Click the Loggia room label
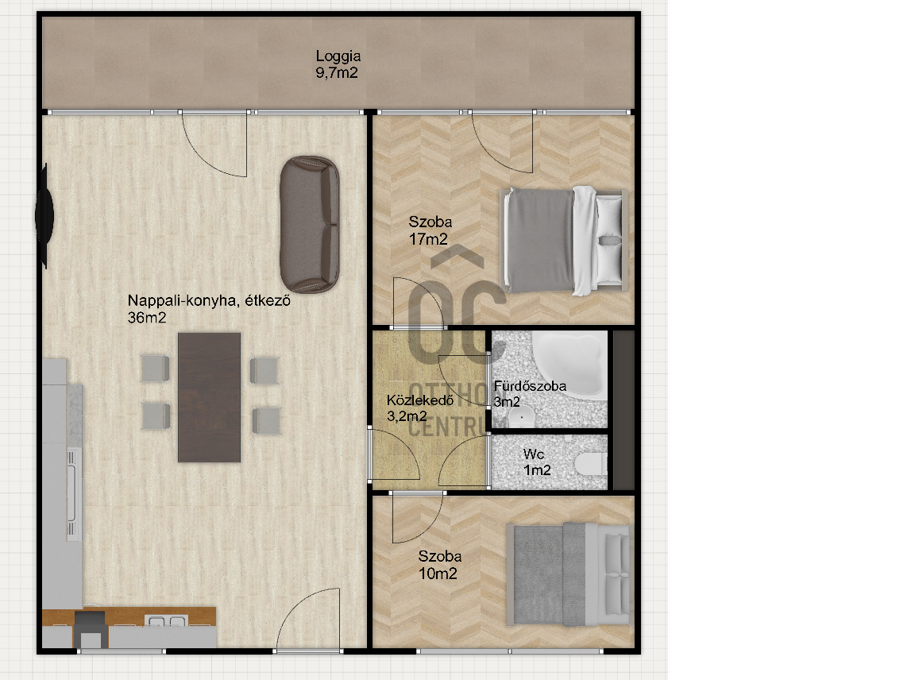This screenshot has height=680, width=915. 338,56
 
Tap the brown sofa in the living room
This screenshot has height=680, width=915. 309,224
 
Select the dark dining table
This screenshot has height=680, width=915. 210,397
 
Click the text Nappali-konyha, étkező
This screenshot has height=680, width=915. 209,300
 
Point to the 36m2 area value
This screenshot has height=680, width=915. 147,318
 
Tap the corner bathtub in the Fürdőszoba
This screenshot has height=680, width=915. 569,361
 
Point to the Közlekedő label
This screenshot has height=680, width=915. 420,400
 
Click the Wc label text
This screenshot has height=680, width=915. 534,454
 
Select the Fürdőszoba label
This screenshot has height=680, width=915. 530,386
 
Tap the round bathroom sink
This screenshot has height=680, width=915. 520,417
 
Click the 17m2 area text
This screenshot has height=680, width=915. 428,239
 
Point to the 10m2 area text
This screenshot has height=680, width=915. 438,574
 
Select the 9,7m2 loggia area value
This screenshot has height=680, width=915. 337,73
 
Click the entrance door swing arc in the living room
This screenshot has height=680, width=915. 298,607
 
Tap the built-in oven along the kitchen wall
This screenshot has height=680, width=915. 74,493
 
